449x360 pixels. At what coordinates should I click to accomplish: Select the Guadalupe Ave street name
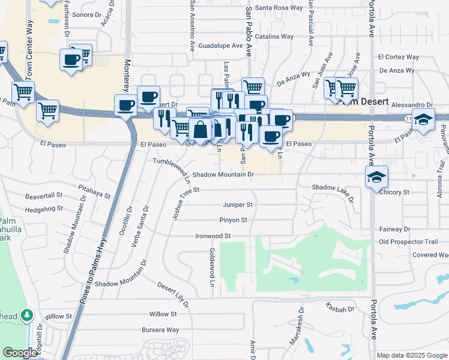click(220, 46)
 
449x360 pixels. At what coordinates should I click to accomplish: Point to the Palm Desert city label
click(364, 101)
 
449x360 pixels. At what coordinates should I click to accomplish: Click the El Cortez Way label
click(398, 57)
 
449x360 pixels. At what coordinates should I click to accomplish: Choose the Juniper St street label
click(238, 205)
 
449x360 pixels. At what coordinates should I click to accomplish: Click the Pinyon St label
click(233, 220)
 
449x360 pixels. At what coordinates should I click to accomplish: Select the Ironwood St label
click(213, 236)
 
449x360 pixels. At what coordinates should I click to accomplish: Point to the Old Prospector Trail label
click(409, 242)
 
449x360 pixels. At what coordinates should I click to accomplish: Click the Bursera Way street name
click(160, 329)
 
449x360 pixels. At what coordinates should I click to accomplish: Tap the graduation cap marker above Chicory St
click(377, 176)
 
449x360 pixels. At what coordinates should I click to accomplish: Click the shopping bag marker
click(200, 129)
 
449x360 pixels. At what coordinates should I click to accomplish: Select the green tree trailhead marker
click(26, 315)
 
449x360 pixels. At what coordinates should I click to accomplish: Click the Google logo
click(20, 353)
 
